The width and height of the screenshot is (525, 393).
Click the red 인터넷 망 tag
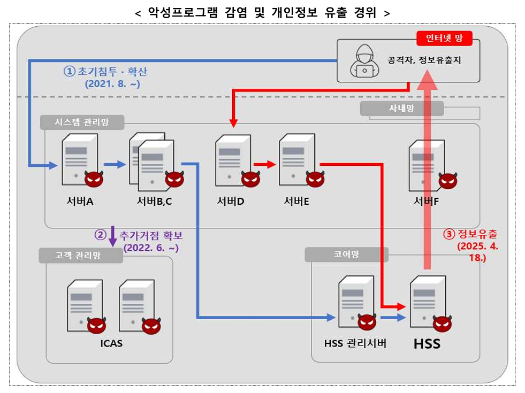[444, 38]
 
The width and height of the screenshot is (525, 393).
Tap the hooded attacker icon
[364, 61]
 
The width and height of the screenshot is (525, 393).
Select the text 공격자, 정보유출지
[424, 60]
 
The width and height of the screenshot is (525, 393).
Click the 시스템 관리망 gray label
[82, 122]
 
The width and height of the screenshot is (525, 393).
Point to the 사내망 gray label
[402, 109]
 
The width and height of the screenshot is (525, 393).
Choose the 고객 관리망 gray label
[81, 256]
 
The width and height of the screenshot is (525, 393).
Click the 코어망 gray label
[347, 255]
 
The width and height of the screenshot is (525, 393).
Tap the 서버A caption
[80, 202]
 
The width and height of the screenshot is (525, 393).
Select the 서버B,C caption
[154, 202]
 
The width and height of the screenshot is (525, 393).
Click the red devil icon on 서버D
[251, 179]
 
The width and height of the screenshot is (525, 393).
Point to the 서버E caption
[296, 202]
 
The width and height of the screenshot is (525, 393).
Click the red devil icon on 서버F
[448, 181]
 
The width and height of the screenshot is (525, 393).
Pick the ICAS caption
[111, 343]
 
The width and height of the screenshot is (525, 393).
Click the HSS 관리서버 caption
[355, 343]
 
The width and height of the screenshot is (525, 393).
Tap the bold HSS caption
[427, 344]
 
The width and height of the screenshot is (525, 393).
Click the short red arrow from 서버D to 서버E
[265, 164]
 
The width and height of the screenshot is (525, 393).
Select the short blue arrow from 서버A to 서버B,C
[115, 164]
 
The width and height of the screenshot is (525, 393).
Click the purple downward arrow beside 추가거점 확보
[113, 236]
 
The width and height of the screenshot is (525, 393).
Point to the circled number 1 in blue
[70, 71]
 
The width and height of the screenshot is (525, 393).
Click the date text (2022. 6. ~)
[151, 248]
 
